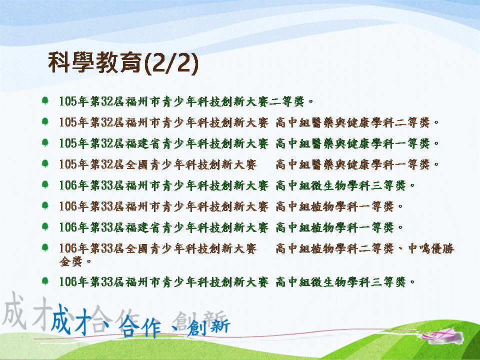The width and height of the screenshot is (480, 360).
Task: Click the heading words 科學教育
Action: [95, 62]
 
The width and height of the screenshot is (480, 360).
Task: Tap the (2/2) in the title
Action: [171, 63]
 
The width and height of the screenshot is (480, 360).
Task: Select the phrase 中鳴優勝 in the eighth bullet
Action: [431, 248]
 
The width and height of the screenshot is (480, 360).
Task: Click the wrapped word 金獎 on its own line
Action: [71, 261]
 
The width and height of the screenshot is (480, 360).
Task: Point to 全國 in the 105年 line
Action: [137, 164]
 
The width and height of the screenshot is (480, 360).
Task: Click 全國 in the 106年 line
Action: [137, 248]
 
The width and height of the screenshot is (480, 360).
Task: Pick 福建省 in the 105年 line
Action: [143, 143]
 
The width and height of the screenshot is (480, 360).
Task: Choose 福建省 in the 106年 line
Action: [143, 227]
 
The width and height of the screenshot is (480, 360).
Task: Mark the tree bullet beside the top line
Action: [45, 100]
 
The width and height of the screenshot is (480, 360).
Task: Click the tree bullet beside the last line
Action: [45, 280]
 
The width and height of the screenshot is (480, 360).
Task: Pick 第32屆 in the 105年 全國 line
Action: [107, 164]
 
